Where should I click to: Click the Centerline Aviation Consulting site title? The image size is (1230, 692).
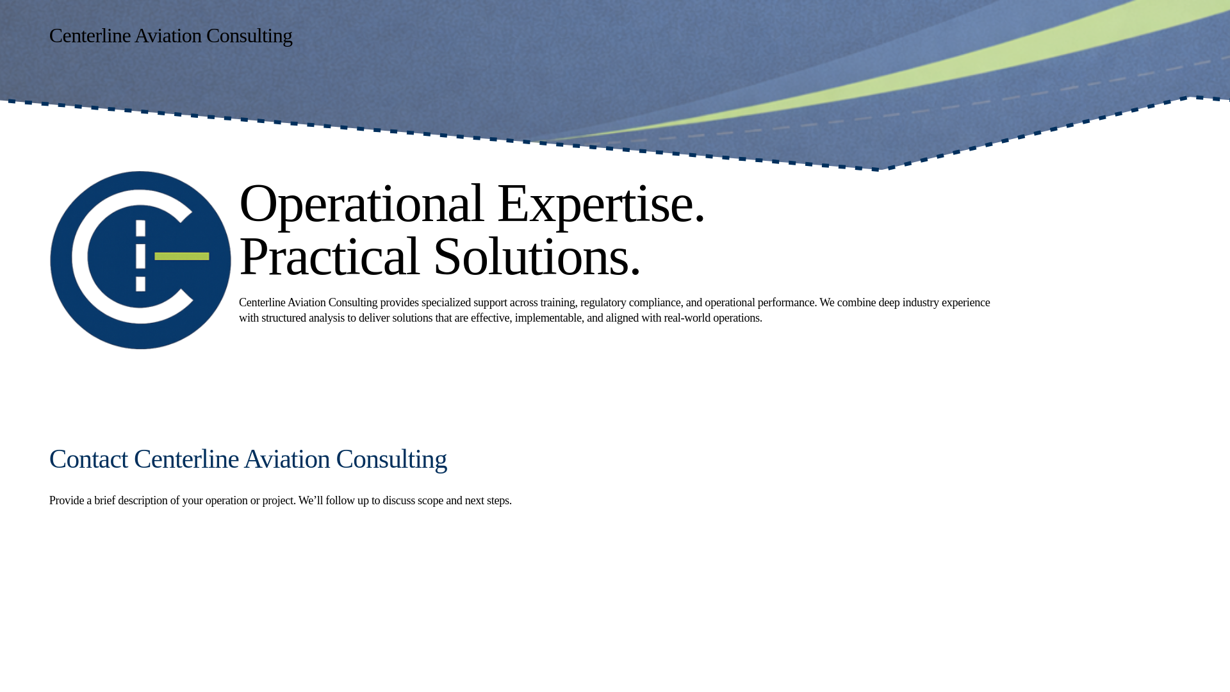(x=170, y=36)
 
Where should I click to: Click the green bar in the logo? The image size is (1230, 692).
(x=182, y=256)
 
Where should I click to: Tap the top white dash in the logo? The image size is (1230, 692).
(x=141, y=228)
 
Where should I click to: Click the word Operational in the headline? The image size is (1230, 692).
(x=361, y=203)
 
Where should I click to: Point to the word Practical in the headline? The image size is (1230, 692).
(x=329, y=256)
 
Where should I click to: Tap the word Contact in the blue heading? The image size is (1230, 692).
(x=88, y=459)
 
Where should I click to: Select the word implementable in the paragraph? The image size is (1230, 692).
(x=548, y=318)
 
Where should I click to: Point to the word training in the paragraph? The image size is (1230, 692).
(x=557, y=302)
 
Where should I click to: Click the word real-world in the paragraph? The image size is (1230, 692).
(x=687, y=318)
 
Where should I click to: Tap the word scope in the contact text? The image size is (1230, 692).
(x=430, y=500)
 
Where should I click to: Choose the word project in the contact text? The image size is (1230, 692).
(x=278, y=500)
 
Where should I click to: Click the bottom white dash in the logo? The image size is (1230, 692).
(x=141, y=283)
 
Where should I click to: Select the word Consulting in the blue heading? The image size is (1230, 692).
(x=391, y=459)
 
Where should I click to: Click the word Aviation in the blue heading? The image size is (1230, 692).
(x=286, y=459)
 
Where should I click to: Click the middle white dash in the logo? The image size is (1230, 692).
(x=141, y=256)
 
